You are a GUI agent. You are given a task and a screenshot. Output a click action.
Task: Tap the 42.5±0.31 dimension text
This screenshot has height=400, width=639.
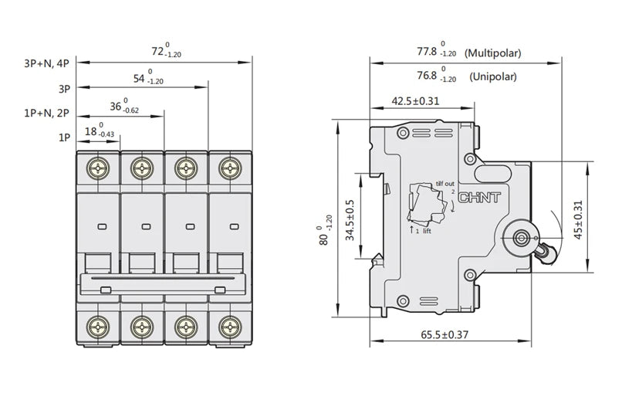(415, 100)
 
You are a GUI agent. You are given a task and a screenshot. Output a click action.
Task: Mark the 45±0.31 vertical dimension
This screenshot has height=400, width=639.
(580, 218)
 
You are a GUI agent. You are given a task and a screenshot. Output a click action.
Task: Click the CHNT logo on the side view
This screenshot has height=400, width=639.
(480, 198)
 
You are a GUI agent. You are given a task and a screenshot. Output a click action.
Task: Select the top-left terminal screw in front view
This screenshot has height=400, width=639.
(98, 167)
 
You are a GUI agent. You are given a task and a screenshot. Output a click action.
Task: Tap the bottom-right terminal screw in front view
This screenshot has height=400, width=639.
(229, 324)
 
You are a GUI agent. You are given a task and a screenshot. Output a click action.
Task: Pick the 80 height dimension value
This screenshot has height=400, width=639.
(325, 231)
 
